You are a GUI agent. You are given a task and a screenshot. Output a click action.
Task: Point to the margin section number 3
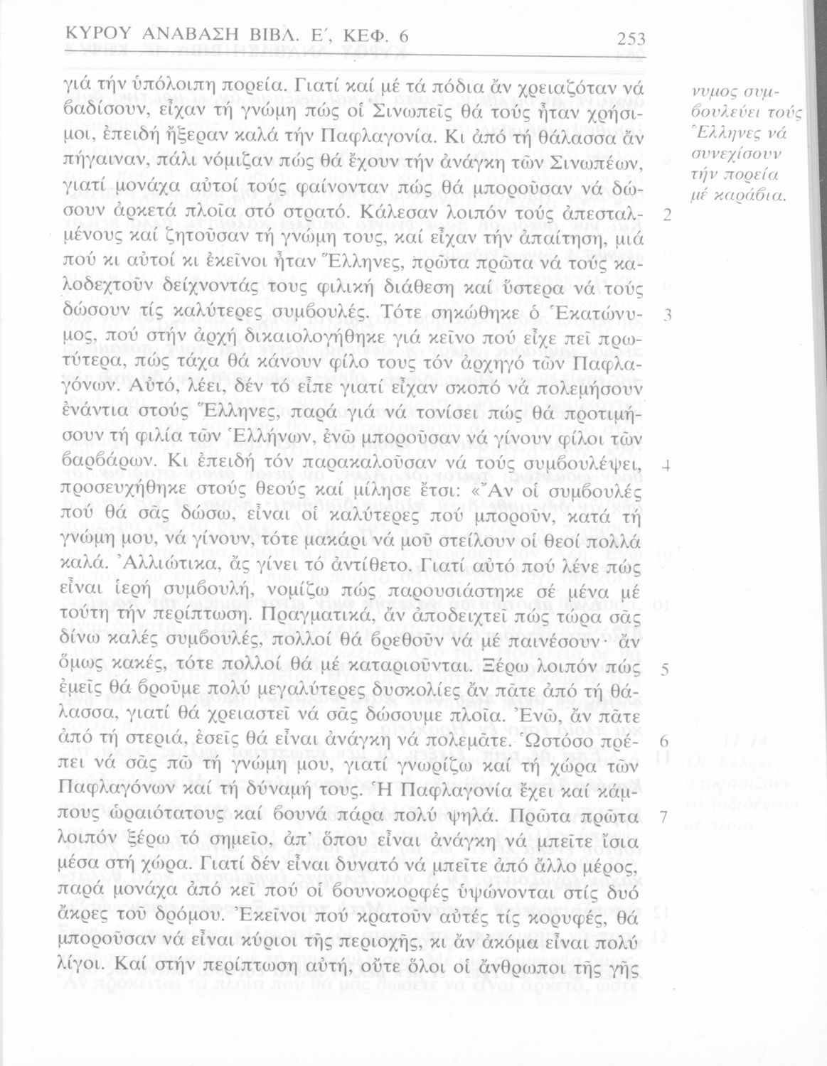(666, 314)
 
